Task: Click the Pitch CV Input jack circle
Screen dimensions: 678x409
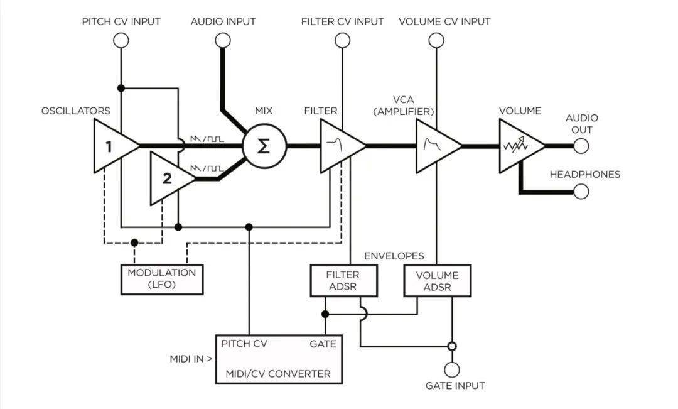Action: tap(121, 40)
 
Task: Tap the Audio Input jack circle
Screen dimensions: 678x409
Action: tap(223, 40)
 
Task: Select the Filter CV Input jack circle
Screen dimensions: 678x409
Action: tap(343, 40)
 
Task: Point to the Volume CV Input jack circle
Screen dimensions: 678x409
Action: tap(436, 40)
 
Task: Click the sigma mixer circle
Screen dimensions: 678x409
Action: tap(264, 146)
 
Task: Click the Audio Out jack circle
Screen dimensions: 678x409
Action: tap(581, 146)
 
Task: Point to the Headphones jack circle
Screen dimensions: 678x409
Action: tap(581, 191)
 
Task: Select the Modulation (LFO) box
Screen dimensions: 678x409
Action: tap(162, 279)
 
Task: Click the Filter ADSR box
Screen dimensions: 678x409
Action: tap(344, 280)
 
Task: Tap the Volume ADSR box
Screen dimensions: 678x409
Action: tap(437, 280)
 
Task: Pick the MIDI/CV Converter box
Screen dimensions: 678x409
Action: tap(279, 359)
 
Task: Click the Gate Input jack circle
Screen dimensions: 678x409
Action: tap(452, 370)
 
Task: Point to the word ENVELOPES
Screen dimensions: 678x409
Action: tap(394, 256)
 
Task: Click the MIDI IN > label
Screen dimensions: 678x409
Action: tap(191, 359)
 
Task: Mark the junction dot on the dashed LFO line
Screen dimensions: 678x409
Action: tap(134, 243)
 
